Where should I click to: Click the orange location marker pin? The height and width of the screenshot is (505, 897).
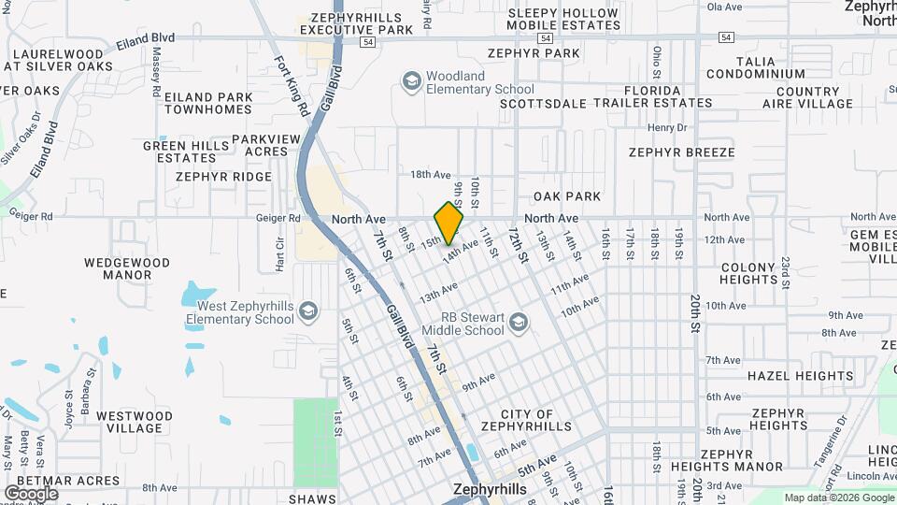click(x=448, y=223)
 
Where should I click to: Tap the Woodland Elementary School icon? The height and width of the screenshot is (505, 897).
click(x=411, y=82)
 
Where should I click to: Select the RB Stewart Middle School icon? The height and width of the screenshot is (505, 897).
click(x=518, y=324)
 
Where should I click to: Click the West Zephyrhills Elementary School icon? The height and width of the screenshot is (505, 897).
click(x=307, y=312)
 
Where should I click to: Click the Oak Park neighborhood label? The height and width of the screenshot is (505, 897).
click(x=567, y=196)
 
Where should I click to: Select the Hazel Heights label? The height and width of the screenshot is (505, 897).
click(x=800, y=376)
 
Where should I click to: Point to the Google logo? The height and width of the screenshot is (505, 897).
click(x=31, y=493)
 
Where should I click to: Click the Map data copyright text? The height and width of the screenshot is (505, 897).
click(x=837, y=498)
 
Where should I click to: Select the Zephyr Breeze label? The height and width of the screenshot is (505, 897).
click(x=681, y=152)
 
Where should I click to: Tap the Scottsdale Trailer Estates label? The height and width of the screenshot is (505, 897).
click(x=605, y=104)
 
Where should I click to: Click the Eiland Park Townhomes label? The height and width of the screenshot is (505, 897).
click(x=208, y=103)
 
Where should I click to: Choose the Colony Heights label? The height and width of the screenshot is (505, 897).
click(x=748, y=273)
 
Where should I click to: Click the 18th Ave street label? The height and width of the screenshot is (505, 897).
click(x=430, y=175)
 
